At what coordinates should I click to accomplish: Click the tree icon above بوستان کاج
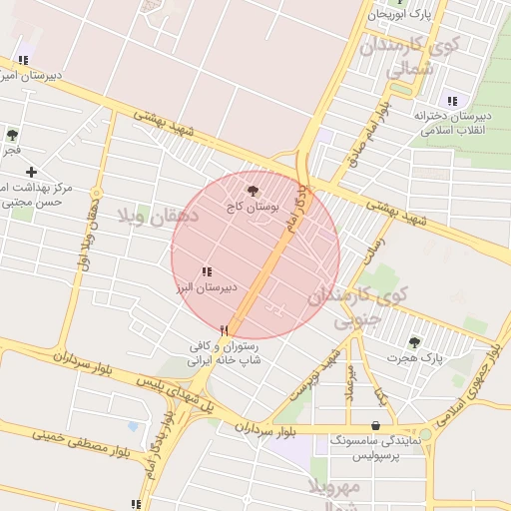click(x=251, y=190)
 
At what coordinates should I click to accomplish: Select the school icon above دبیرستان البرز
click(x=206, y=271)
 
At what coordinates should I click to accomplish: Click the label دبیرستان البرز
click(x=207, y=287)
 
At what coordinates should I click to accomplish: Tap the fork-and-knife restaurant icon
click(x=225, y=329)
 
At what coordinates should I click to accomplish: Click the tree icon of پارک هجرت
click(x=414, y=341)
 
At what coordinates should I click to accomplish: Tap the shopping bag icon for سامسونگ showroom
click(x=375, y=425)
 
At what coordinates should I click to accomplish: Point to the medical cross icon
click(x=32, y=172)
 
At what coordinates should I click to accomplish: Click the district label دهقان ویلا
click(x=159, y=215)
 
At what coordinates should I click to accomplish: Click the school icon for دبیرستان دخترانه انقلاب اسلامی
click(x=452, y=100)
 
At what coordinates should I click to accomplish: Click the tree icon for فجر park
click(x=12, y=135)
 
